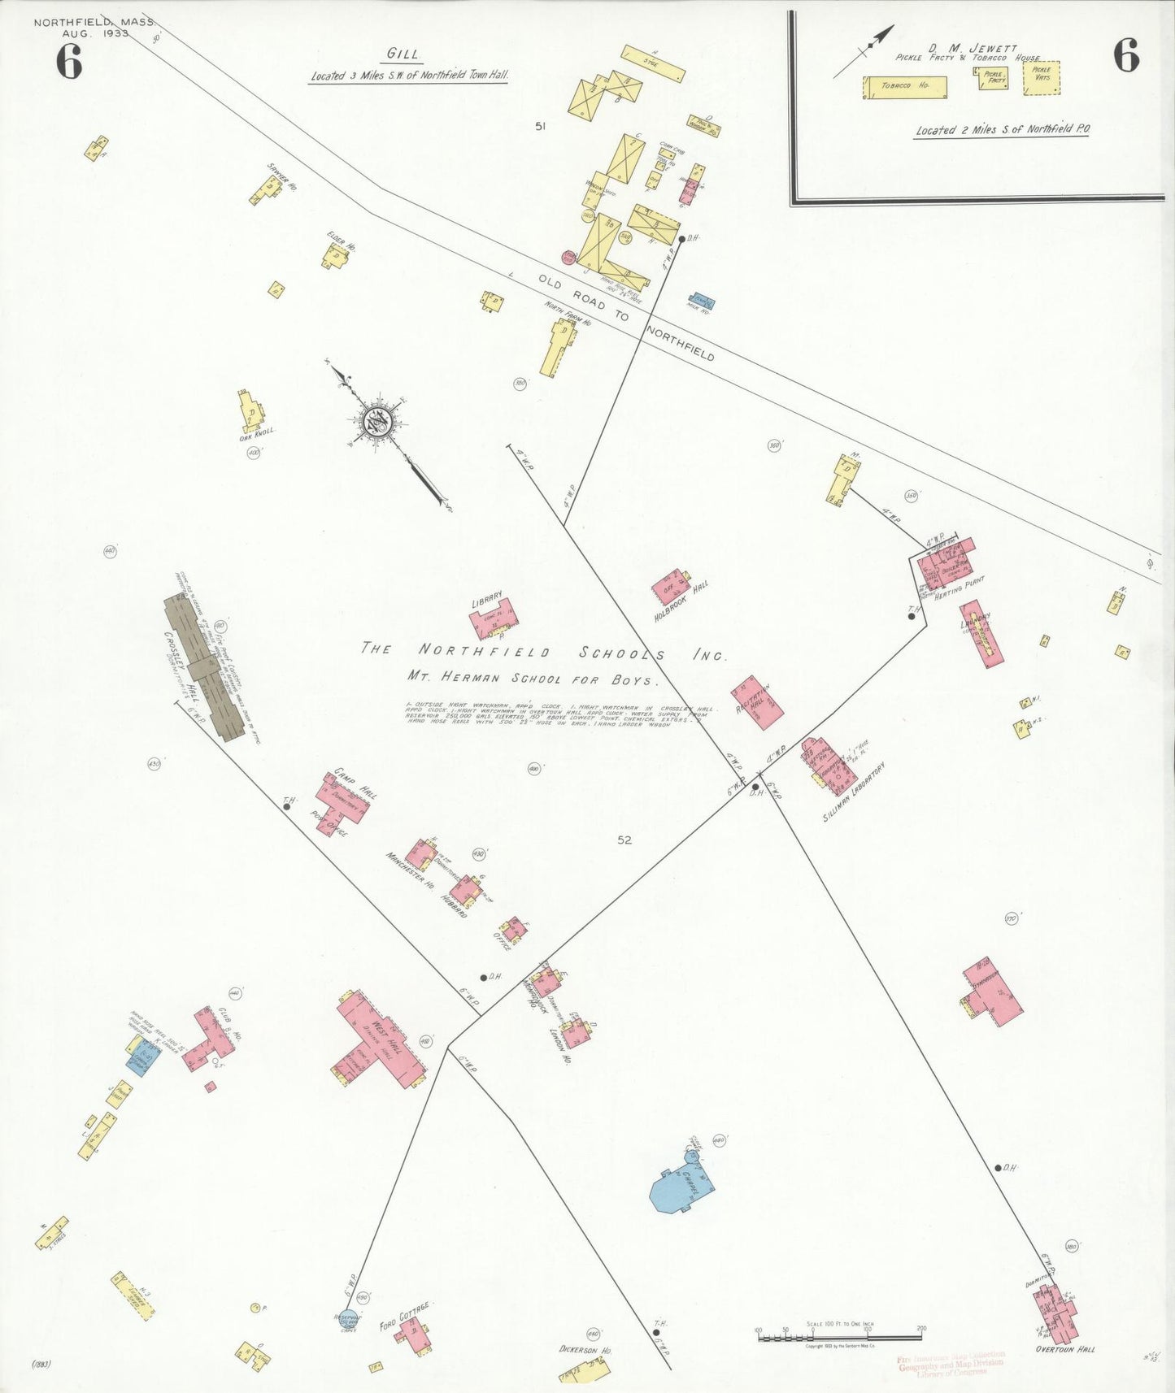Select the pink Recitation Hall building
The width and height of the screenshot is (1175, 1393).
758,702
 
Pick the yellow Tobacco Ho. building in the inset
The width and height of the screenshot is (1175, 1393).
904,87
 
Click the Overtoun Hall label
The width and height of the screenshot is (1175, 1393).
1064,1350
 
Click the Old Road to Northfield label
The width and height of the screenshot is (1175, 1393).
626,317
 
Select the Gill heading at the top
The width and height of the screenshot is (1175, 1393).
403,54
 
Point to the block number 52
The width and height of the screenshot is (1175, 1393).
624,840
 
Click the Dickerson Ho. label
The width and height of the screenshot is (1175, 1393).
585,1350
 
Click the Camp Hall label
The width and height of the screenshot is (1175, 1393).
355,782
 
